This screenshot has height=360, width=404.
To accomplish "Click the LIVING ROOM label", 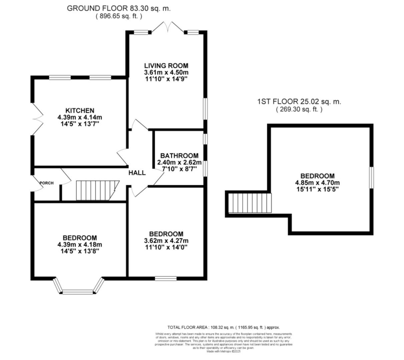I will tap(166, 66).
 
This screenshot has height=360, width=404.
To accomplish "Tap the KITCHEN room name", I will tap(79, 110).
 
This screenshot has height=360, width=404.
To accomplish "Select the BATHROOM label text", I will tap(179, 156).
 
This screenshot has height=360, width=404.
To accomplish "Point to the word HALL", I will tap(137, 173).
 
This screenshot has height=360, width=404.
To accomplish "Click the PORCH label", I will tap(46, 183).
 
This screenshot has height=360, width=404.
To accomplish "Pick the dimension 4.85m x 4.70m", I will tap(317, 183).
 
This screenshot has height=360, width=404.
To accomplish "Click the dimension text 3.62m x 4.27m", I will tap(166, 241).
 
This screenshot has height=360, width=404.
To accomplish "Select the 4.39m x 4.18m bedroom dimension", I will tap(80, 244).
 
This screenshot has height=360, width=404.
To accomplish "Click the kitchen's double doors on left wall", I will tap(37, 119).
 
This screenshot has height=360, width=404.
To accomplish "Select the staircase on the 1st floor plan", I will tap(250, 203).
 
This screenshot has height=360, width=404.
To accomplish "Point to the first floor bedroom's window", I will tap(371, 177).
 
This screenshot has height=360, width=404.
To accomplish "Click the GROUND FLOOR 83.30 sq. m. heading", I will tap(119, 9).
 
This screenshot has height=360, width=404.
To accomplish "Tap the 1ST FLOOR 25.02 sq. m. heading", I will tap(299, 102).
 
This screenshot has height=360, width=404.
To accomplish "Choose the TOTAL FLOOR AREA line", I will tap(223, 327).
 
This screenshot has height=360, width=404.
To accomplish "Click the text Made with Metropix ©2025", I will tap(223, 351).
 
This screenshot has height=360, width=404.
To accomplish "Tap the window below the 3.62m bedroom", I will tap(166, 278).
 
